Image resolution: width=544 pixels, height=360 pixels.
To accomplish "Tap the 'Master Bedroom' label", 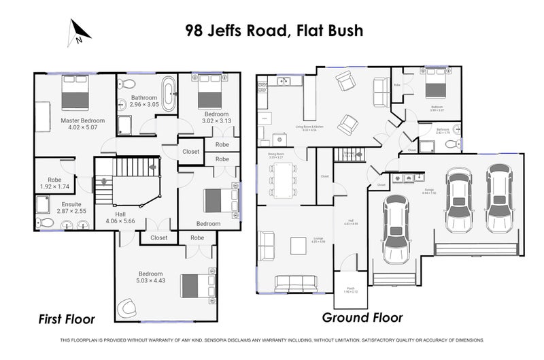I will click(x=80, y=120).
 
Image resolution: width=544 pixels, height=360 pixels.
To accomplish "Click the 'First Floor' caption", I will click(x=66, y=318).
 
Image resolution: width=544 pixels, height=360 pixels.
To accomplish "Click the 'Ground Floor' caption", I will click(x=362, y=317).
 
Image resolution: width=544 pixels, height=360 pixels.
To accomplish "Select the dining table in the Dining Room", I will click(x=281, y=181).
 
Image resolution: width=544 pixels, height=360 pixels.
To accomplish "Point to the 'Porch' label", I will click(x=351, y=288).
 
